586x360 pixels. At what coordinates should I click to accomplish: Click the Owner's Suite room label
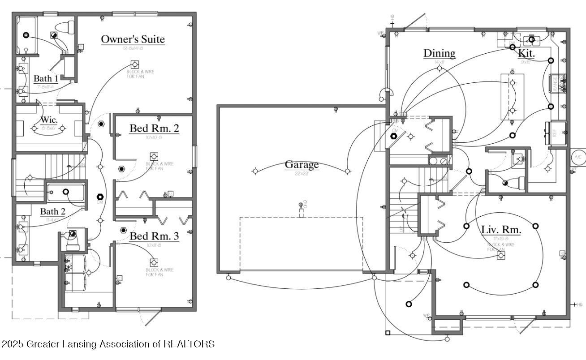point(133,39)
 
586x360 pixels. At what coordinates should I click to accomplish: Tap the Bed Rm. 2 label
point(154,129)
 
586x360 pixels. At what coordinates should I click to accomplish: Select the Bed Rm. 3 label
point(154,236)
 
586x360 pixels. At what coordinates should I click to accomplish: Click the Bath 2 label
point(53,211)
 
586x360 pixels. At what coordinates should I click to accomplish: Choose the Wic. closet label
point(49,120)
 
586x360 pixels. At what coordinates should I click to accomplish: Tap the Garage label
point(302,164)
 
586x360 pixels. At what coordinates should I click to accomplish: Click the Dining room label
point(439,53)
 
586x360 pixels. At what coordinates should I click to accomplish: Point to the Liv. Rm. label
point(501,230)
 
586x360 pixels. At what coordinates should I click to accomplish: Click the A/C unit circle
point(578,157)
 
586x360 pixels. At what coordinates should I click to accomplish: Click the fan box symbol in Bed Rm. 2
point(154,156)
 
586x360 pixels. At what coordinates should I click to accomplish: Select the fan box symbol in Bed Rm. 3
point(155,262)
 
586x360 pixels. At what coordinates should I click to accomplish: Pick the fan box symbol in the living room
point(501,255)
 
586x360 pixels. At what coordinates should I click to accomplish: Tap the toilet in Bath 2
point(72,242)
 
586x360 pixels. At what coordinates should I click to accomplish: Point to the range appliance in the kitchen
point(558,83)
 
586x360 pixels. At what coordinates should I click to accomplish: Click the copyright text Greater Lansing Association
point(108,344)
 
